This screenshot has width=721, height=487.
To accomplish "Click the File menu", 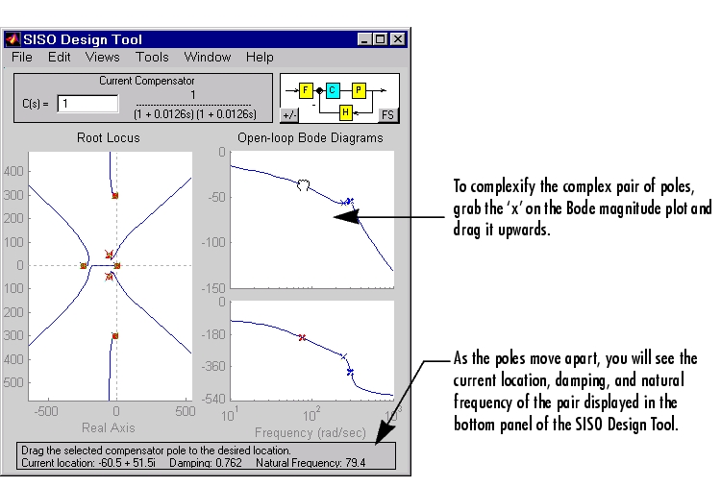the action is [21, 57].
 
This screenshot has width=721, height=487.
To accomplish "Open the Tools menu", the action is [152, 57].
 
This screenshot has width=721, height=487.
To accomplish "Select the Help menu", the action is [260, 57].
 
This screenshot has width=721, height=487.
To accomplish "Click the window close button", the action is [398, 39].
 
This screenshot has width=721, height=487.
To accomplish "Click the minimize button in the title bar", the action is [364, 39].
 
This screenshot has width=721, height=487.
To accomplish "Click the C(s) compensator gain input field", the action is [87, 104].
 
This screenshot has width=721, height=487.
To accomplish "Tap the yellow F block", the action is [306, 90].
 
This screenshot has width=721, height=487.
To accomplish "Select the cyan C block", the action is [333, 90].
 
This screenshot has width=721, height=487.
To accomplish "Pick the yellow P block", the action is [360, 90].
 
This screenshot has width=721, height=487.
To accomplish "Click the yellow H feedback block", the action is [346, 112].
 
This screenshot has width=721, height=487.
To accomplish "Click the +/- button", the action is [289, 115].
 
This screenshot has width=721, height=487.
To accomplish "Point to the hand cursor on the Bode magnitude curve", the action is [303, 184].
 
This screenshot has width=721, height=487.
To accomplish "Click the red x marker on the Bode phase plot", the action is [302, 338].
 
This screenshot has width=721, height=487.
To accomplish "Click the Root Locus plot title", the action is [108, 137].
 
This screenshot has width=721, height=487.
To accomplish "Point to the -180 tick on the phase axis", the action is [213, 334].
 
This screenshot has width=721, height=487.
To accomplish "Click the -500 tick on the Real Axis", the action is [46, 411].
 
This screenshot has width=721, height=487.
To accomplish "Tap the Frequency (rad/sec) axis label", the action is [311, 433].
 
